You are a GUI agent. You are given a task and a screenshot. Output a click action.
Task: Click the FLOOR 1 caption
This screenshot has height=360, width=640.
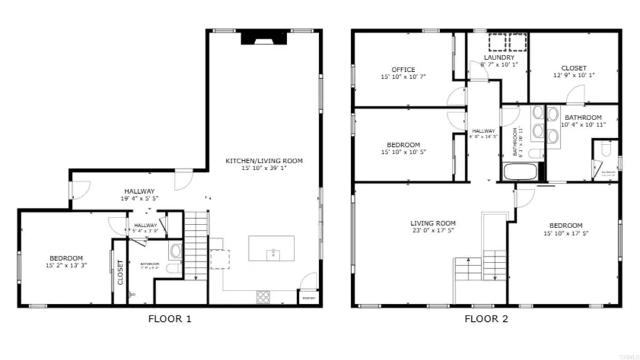point(169,319)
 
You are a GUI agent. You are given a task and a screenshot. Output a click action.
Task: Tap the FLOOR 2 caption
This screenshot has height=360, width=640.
point(486,319)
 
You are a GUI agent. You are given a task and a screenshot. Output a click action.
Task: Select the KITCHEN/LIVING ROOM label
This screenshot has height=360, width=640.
point(264,161)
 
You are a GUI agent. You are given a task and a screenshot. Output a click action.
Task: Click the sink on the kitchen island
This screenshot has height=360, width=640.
point(272,254)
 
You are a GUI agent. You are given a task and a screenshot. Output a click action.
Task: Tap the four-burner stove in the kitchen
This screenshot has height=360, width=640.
point(263,297)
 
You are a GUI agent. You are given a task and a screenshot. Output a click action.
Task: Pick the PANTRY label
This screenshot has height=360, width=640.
point(308,299)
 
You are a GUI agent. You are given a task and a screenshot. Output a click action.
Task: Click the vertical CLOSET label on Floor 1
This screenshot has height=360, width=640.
point(120,272)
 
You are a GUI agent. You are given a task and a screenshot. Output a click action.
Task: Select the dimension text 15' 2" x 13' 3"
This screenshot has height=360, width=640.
point(66,265)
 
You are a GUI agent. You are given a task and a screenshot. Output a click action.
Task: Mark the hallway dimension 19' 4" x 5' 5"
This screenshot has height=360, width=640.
point(139,198)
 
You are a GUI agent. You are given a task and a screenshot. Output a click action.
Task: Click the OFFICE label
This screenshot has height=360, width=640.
point(403,69)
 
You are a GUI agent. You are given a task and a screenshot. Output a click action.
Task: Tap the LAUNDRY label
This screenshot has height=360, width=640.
point(499,57)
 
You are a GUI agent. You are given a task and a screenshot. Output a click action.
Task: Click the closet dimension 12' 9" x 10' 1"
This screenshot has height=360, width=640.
point(573,75)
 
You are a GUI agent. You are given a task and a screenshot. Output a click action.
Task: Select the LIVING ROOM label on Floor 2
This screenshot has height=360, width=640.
point(432,223)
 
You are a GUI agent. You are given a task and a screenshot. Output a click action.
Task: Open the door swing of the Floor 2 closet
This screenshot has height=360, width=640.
point(576,96)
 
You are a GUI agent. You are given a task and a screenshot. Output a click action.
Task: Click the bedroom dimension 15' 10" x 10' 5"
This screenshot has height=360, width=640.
point(403,152)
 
